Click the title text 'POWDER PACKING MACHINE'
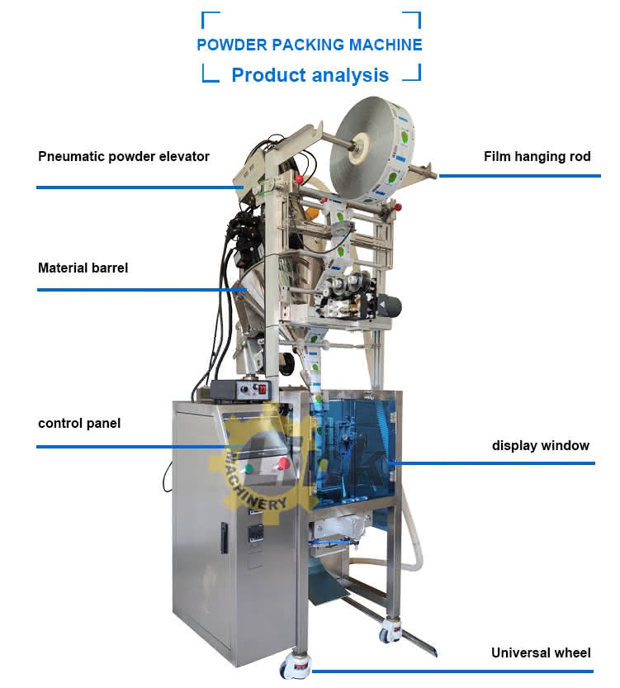point(310,45)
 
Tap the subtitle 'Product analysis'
point(310,75)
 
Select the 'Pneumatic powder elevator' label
point(124,157)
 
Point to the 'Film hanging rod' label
point(537,156)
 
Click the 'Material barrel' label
point(83,268)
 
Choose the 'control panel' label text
point(79,424)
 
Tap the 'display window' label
point(541,445)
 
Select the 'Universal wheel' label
point(541,652)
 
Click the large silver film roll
point(371,149)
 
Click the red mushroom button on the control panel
point(284,463)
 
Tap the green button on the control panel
point(249,467)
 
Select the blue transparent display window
point(355,447)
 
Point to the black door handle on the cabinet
point(224,538)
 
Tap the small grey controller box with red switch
point(241,390)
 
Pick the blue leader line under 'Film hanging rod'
point(520,176)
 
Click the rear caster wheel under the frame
point(388,631)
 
